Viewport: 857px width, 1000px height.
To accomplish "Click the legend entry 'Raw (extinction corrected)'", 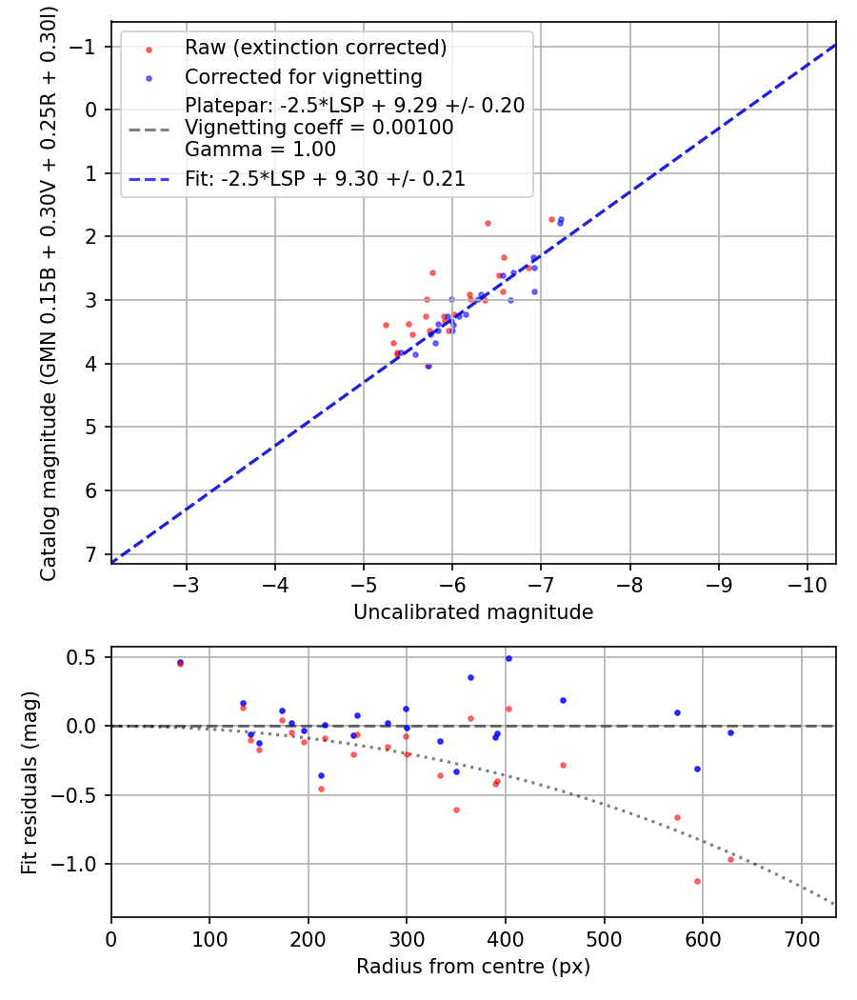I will pyautogui.click(x=315, y=48).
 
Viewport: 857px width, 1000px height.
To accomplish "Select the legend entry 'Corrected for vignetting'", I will pyautogui.click(x=303, y=76).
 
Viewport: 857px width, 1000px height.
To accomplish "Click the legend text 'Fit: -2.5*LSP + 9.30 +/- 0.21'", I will pyautogui.click(x=325, y=178).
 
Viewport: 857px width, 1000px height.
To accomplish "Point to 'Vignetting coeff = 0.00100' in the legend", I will pyautogui.click(x=318, y=128).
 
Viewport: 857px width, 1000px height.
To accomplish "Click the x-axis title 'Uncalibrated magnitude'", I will pyautogui.click(x=473, y=612).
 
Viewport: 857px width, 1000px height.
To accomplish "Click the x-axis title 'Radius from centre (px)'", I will pyautogui.click(x=473, y=967).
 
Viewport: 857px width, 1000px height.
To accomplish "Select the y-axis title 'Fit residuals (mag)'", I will pyautogui.click(x=30, y=782).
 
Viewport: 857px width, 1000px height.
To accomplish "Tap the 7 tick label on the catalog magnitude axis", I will pyautogui.click(x=92, y=554).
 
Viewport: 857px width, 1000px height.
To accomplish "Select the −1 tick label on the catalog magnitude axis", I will pyautogui.click(x=87, y=46).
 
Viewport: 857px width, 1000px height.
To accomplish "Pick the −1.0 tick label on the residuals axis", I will pyautogui.click(x=79, y=864).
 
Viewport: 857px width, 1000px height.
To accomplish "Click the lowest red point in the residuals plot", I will pyautogui.click(x=697, y=881).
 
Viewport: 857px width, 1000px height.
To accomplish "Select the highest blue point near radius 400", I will pyautogui.click(x=508, y=658).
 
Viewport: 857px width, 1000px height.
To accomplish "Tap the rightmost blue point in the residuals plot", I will pyautogui.click(x=730, y=732).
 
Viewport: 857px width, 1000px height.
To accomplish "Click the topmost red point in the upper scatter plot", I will pyautogui.click(x=551, y=219).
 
